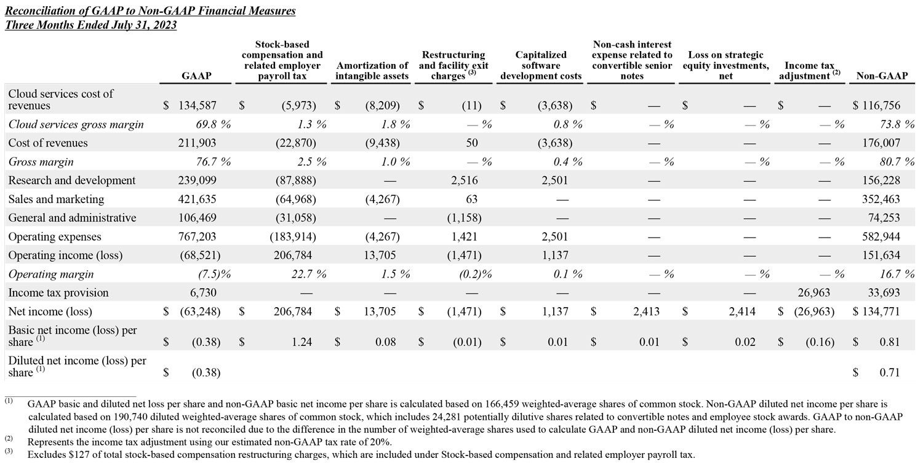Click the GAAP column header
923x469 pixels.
click(x=196, y=76)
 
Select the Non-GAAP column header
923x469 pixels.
click(x=881, y=76)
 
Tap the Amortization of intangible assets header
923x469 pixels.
click(x=372, y=71)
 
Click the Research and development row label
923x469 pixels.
click(x=72, y=180)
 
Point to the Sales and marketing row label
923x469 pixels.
click(x=56, y=199)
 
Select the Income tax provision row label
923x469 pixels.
click(x=58, y=292)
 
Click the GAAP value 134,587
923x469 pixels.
click(x=198, y=105)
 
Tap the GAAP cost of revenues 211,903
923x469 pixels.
click(x=198, y=143)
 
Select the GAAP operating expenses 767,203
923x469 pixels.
click(x=198, y=236)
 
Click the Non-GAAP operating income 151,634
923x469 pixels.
click(x=882, y=255)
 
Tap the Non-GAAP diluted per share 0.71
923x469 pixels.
click(x=890, y=372)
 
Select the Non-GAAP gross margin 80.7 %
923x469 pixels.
click(x=890, y=162)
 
